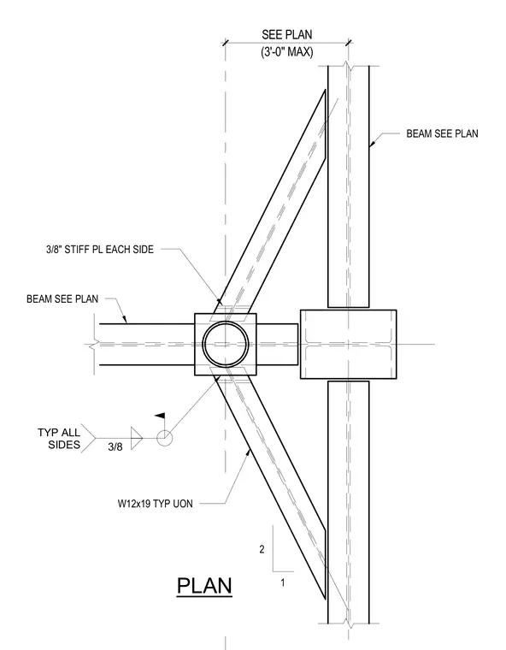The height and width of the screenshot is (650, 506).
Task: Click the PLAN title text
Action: [x=204, y=586]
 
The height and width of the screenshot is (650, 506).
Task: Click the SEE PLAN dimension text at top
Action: [x=287, y=34]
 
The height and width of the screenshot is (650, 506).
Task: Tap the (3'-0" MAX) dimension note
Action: [x=287, y=52]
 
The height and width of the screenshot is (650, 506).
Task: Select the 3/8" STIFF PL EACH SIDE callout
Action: [x=100, y=249]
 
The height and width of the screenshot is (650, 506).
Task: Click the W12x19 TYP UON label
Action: [x=156, y=504]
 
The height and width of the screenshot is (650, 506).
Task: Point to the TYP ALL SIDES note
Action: [x=59, y=439]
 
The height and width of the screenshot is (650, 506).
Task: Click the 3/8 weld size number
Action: [x=115, y=446]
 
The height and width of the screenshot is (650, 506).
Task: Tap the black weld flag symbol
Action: [x=160, y=416]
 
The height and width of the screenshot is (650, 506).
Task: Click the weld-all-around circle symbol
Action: [x=164, y=438]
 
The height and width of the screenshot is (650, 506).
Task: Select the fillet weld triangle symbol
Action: [x=137, y=438]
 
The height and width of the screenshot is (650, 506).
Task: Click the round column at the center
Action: [x=226, y=344]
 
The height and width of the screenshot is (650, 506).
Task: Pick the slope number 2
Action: [x=262, y=549]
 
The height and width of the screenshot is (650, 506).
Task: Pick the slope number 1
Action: [x=283, y=582]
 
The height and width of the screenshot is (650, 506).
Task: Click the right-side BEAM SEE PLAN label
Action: [x=442, y=133]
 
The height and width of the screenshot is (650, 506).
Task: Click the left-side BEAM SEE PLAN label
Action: [x=62, y=298]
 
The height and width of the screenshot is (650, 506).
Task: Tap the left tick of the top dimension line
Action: [x=226, y=42]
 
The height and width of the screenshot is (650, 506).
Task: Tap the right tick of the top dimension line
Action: [x=349, y=42]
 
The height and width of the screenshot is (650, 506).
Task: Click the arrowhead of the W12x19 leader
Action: [x=249, y=452]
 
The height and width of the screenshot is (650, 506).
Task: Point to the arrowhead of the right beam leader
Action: [x=372, y=143]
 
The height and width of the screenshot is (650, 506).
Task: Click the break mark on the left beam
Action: [x=96, y=344]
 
